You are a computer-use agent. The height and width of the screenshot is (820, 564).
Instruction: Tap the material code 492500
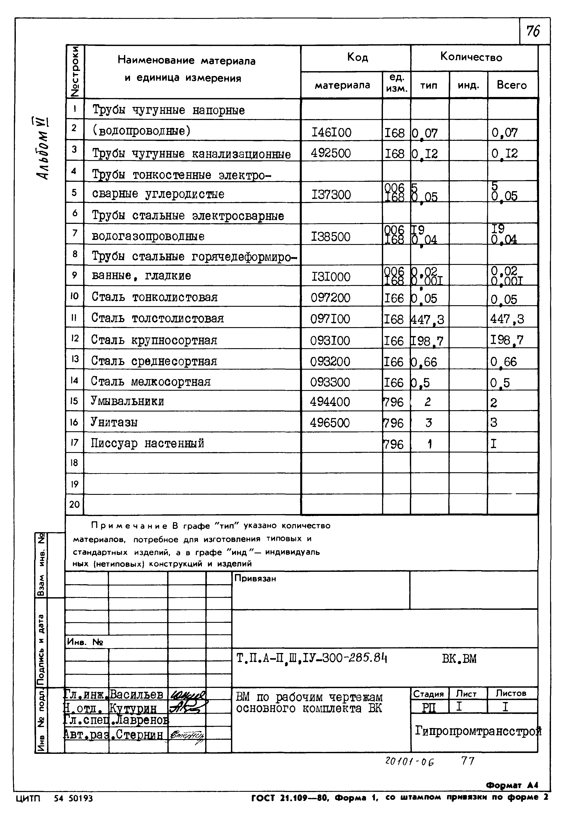coord(331,153)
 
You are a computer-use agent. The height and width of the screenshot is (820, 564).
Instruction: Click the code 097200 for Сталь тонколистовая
coord(330,298)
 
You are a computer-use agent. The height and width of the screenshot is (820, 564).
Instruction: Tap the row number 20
coord(74,504)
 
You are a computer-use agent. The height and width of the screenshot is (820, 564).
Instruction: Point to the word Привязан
coord(255,579)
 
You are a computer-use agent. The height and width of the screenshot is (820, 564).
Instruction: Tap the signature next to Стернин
coord(186,735)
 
